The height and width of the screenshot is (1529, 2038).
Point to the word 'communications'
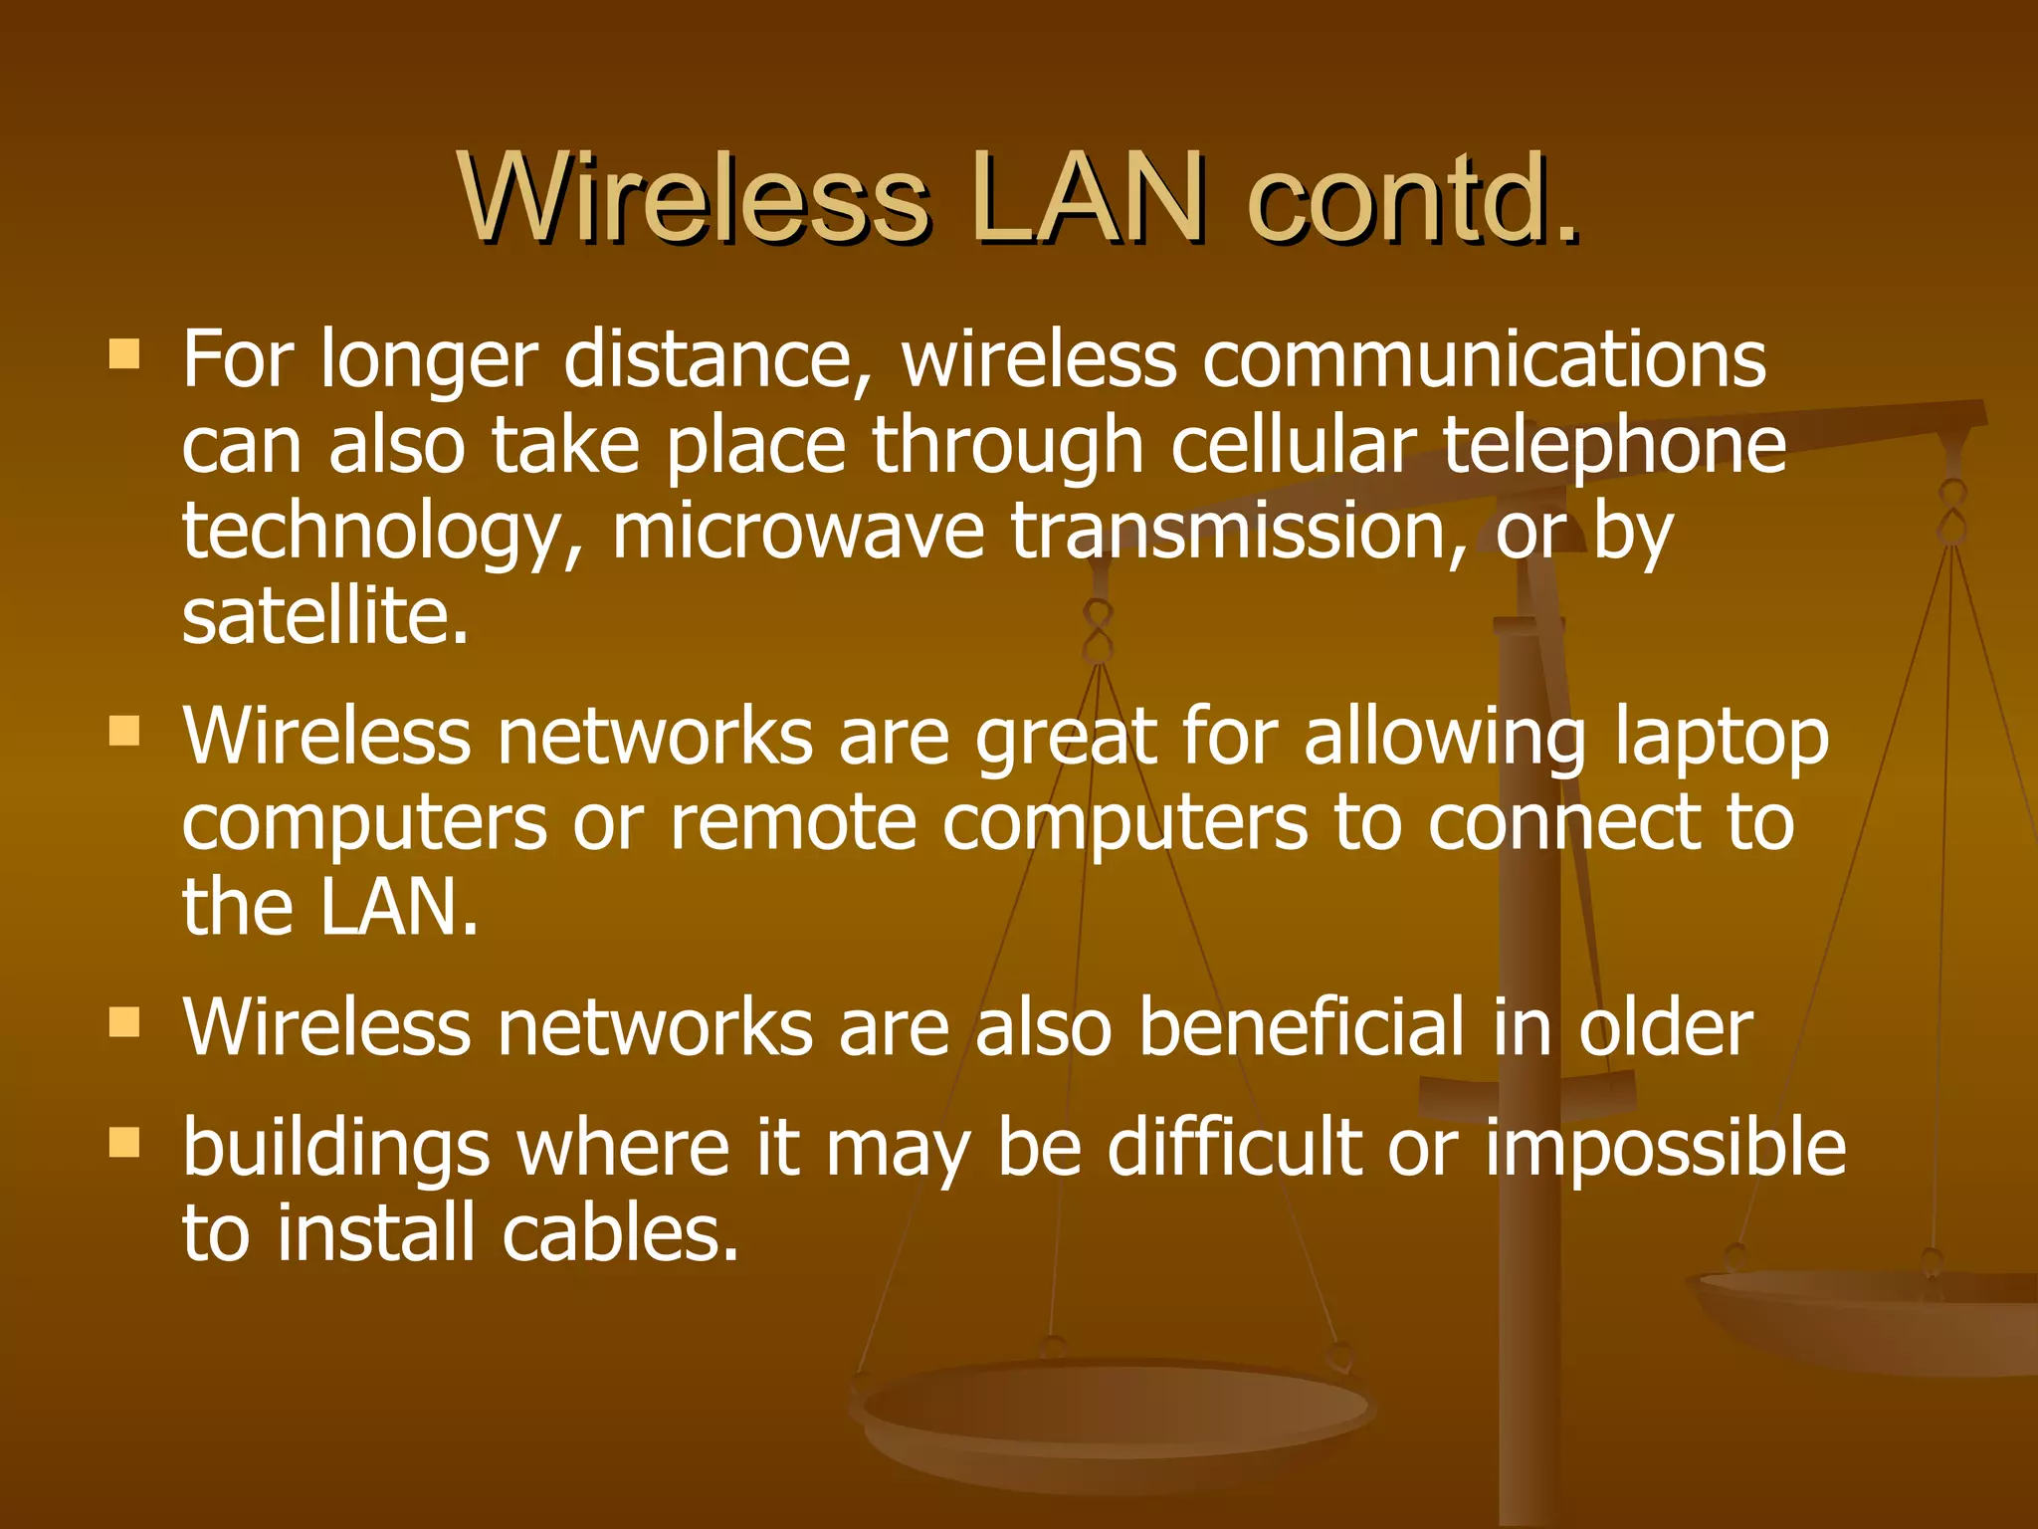point(1484,360)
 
